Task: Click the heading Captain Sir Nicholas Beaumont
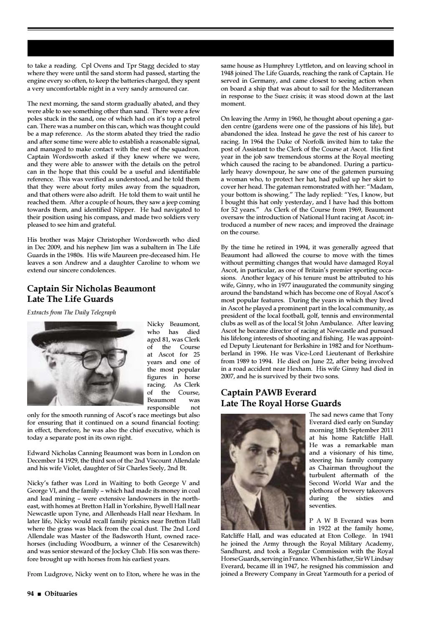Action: pyautogui.click(x=91, y=288)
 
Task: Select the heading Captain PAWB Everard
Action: pyautogui.click(x=268, y=392)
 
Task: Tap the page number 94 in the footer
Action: pyautogui.click(x=30, y=593)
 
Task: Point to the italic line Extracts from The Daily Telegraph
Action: pyautogui.click(x=71, y=312)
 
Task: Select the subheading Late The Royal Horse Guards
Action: pyautogui.click(x=281, y=403)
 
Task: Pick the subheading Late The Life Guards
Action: pyautogui.click(x=70, y=299)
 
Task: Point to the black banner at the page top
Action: pyautogui.click(x=210, y=48)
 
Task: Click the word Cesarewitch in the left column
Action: pyautogui.click(x=180, y=544)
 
